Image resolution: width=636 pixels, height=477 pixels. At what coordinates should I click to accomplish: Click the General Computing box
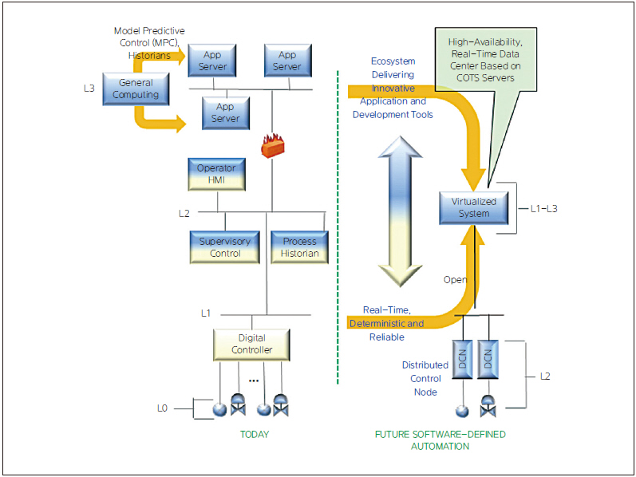click(x=136, y=89)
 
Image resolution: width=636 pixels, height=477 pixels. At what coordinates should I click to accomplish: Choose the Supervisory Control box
click(x=225, y=247)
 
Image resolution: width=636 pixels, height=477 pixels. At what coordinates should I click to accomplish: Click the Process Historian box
click(x=299, y=247)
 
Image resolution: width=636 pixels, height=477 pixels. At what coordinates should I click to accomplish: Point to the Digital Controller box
click(x=251, y=344)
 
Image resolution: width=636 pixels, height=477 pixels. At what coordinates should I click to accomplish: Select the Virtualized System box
click(x=474, y=207)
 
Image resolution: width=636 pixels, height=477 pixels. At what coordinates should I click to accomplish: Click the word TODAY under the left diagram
click(x=255, y=435)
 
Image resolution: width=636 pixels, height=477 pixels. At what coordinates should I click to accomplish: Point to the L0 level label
click(x=162, y=408)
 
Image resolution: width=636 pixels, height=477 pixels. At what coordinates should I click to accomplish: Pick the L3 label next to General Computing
click(x=89, y=88)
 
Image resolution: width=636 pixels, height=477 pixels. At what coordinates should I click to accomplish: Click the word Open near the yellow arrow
click(x=455, y=280)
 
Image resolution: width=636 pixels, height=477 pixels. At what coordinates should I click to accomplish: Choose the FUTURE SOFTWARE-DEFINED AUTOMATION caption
click(x=440, y=440)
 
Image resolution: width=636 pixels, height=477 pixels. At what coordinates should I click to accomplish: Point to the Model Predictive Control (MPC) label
click(x=149, y=37)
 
